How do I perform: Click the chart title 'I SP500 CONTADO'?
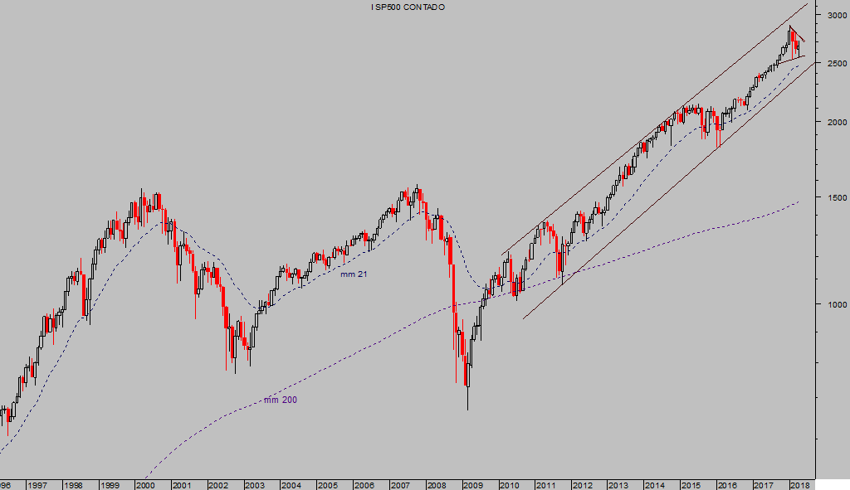[x=408, y=7]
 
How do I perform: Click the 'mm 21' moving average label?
[x=354, y=274]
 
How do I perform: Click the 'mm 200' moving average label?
[x=281, y=400]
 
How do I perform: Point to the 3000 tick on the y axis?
[x=833, y=16]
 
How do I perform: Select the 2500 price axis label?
[x=833, y=63]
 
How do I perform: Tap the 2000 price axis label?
[x=833, y=122]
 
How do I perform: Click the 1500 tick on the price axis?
[x=833, y=197]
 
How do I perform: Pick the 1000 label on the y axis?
[x=833, y=304]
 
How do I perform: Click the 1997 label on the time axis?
[x=37, y=485]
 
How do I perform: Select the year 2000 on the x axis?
[x=145, y=485]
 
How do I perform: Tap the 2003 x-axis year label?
[x=254, y=485]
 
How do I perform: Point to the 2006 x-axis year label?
[x=364, y=485]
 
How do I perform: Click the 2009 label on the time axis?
[x=472, y=485]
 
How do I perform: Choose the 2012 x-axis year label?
[x=581, y=485]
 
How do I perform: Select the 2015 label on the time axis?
[x=690, y=485]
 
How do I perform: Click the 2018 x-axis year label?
[x=799, y=485]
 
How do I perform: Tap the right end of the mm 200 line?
[x=799, y=201]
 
